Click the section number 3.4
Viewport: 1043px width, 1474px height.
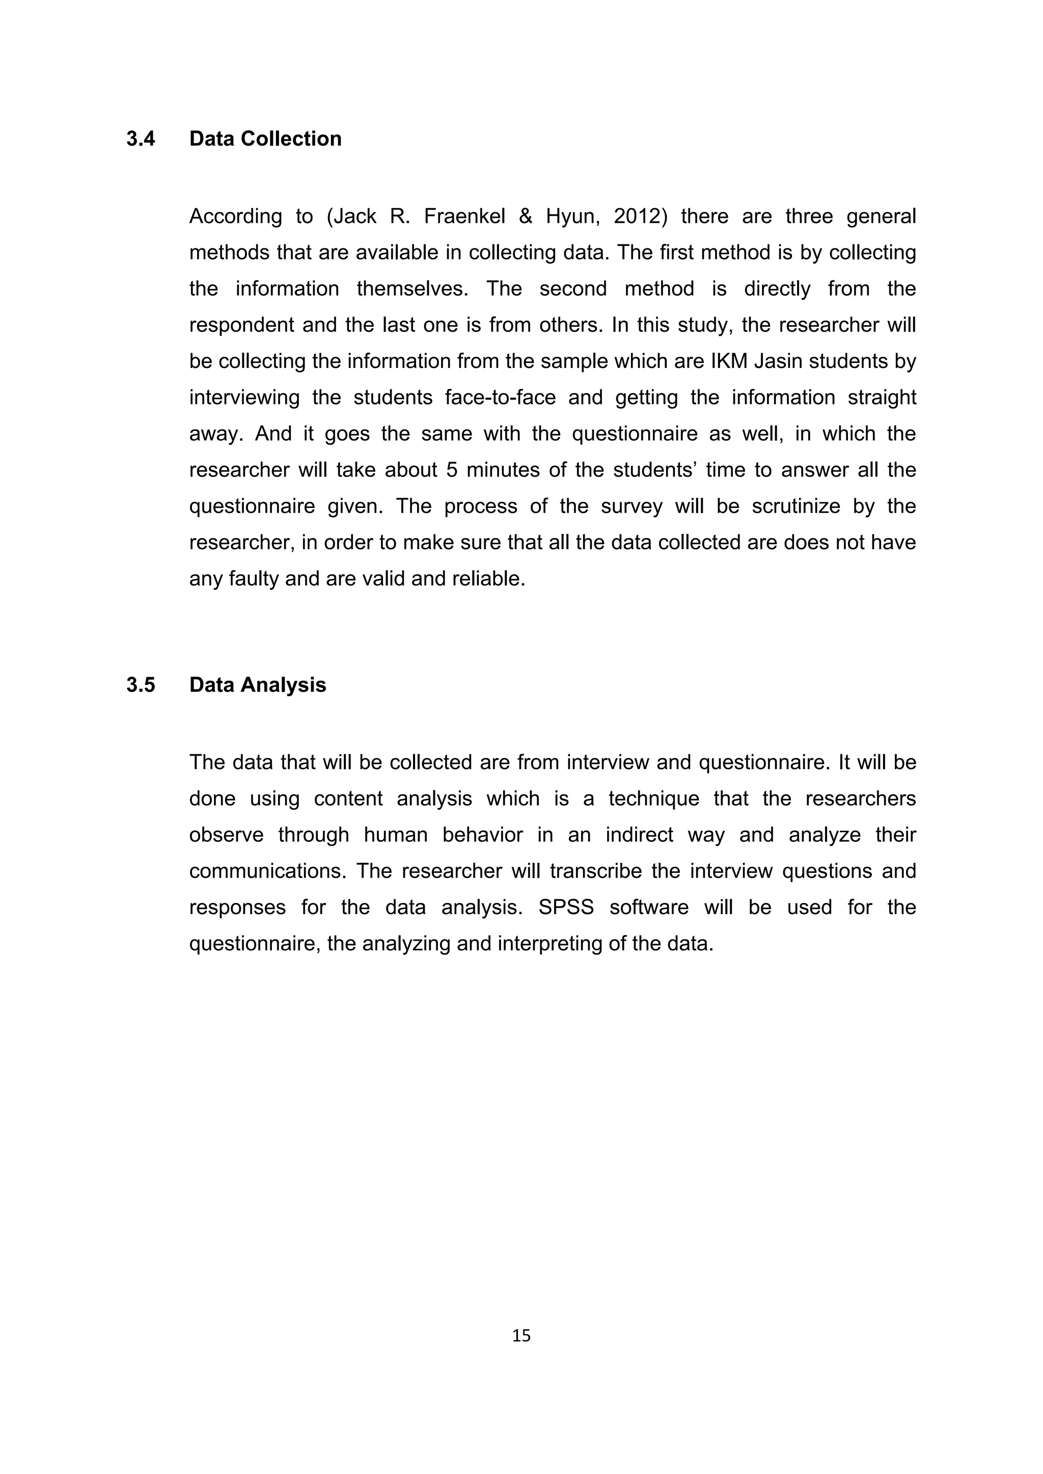click(140, 138)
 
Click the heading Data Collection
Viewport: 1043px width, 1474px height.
click(265, 138)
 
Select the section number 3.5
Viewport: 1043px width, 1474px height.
click(140, 685)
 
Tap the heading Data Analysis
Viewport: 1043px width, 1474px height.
click(258, 685)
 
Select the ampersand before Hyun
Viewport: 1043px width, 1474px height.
click(526, 216)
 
